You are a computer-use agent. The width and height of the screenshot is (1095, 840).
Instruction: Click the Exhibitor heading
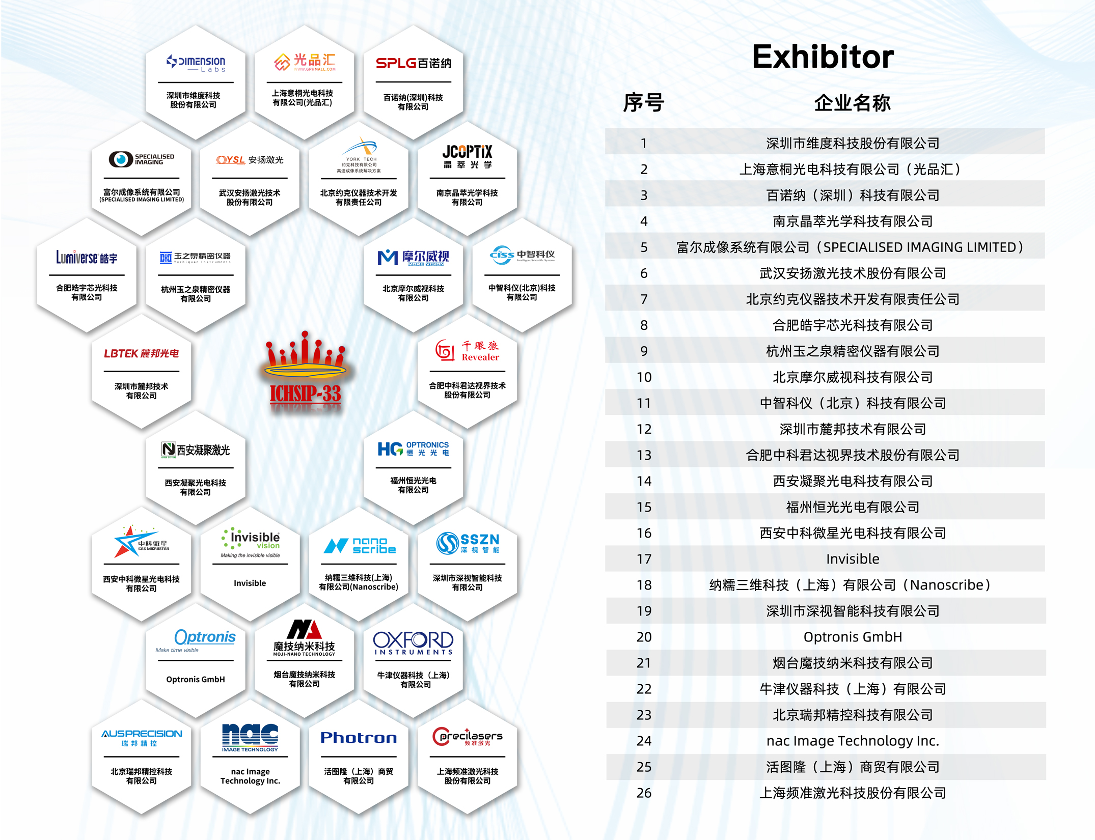823,57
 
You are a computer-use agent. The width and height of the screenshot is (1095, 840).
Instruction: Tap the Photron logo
359,738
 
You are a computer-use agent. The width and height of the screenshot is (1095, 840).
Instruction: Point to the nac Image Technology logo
250,738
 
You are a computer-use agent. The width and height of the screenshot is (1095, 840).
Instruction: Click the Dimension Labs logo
196,63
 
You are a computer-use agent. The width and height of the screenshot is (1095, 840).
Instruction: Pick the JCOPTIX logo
467,156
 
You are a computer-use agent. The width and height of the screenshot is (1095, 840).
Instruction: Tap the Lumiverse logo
87,258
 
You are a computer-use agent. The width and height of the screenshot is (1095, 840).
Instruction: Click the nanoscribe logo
360,545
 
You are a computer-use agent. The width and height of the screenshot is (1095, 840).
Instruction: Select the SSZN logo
468,543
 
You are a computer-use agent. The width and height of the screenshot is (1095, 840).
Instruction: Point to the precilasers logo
467,737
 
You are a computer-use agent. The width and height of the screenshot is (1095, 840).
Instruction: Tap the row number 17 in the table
644,559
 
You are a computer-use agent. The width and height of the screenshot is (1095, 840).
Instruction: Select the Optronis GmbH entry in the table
852,637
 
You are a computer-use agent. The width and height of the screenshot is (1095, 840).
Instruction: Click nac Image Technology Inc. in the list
852,741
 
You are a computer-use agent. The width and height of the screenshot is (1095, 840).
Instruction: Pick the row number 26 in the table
644,793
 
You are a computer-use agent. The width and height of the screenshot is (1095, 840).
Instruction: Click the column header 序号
644,103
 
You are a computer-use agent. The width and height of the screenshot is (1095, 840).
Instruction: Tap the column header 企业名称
852,103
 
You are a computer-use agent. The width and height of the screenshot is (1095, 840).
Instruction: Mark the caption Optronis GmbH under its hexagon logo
196,679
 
